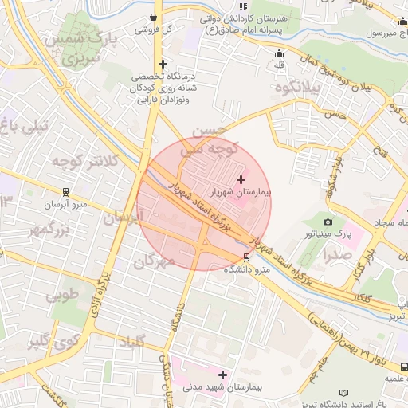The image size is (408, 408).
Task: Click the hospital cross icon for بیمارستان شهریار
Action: (x=241, y=180)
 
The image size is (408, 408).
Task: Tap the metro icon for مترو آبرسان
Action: (x=65, y=192)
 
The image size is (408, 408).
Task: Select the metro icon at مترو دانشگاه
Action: (x=246, y=257)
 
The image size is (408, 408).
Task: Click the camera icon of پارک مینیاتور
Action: (x=328, y=222)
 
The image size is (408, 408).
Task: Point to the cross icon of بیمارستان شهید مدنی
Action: (x=222, y=375)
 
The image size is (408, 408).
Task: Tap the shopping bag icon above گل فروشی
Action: (x=153, y=17)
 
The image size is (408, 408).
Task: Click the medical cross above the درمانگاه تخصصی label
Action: (x=163, y=64)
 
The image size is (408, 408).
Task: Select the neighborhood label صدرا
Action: (x=338, y=255)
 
